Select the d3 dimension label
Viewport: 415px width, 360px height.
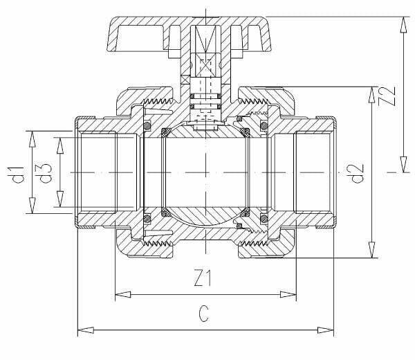[46, 173]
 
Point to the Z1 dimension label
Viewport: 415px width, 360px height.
[203, 278]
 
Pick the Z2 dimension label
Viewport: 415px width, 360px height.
[387, 96]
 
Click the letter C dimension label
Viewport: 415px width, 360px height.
[204, 314]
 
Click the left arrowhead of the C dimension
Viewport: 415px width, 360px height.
[86, 330]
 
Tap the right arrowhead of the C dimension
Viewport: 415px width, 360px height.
[326, 330]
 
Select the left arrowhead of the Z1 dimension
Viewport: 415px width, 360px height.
[123, 294]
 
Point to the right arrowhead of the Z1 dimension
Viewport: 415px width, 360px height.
[288, 294]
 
